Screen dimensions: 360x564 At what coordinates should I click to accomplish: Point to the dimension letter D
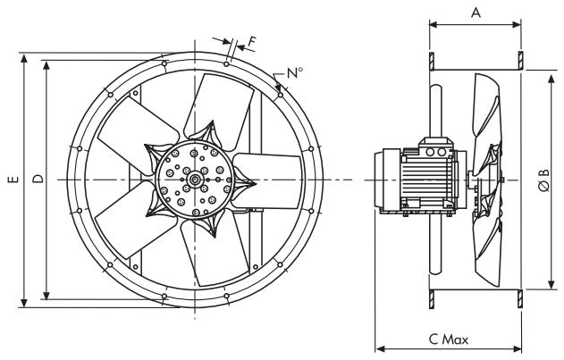38,180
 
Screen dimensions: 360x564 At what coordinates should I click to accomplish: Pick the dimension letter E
13,180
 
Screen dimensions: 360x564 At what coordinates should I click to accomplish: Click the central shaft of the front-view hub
194,180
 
